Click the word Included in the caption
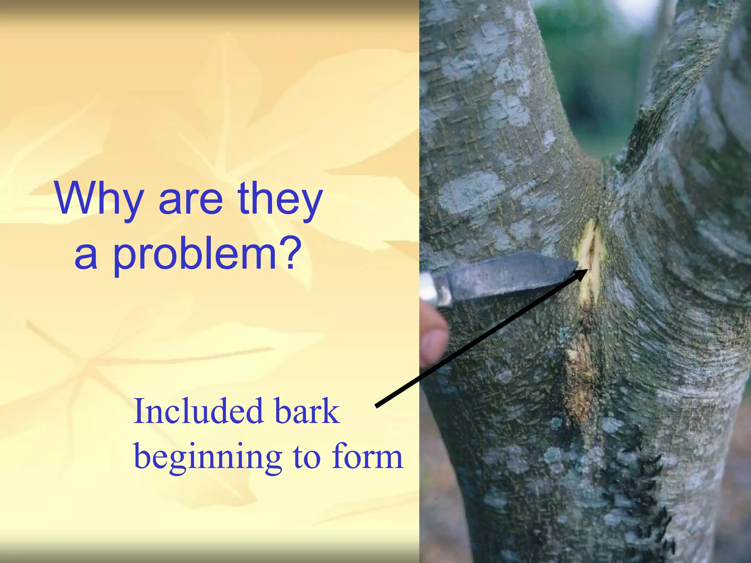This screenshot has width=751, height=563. (198, 412)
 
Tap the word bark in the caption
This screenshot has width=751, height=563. (307, 412)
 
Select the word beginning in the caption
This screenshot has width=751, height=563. (208, 458)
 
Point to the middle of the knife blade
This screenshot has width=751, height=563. (510, 273)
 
